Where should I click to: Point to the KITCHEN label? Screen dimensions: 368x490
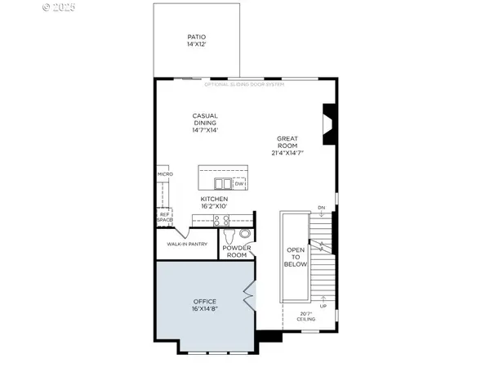click(214, 199)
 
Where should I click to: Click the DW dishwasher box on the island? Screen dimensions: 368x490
click(239, 183)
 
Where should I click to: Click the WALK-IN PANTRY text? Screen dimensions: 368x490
click(187, 244)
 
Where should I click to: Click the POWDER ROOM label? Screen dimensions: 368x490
click(236, 251)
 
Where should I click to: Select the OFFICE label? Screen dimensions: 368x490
click(205, 302)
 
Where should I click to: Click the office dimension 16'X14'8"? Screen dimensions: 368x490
click(205, 309)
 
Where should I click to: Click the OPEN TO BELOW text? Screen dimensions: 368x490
click(295, 257)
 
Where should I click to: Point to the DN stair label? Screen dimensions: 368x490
click(321, 207)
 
